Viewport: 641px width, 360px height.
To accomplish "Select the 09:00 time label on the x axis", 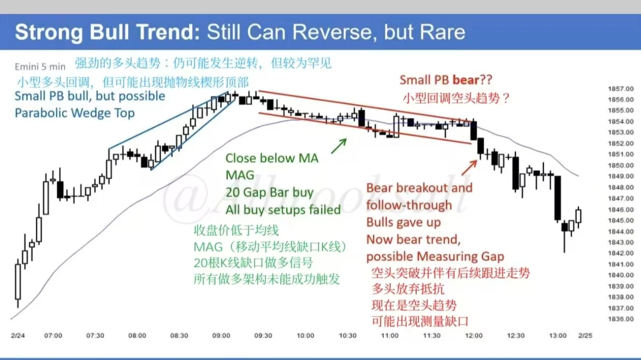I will coord(221,336).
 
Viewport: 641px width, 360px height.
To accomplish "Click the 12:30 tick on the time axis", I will coord(516,336).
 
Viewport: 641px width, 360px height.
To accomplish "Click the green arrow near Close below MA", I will coord(339,145).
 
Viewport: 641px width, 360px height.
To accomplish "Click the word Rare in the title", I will coord(444,32).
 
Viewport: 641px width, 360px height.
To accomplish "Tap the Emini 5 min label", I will coord(40,66).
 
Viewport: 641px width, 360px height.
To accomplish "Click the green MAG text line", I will coord(240,175).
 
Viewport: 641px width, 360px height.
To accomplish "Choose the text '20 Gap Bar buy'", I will coord(269,192).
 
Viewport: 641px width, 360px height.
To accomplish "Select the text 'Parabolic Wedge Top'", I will coord(74,113).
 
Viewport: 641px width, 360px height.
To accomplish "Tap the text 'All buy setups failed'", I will coord(283,209).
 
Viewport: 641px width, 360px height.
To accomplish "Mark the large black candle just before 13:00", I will coord(558,198).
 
